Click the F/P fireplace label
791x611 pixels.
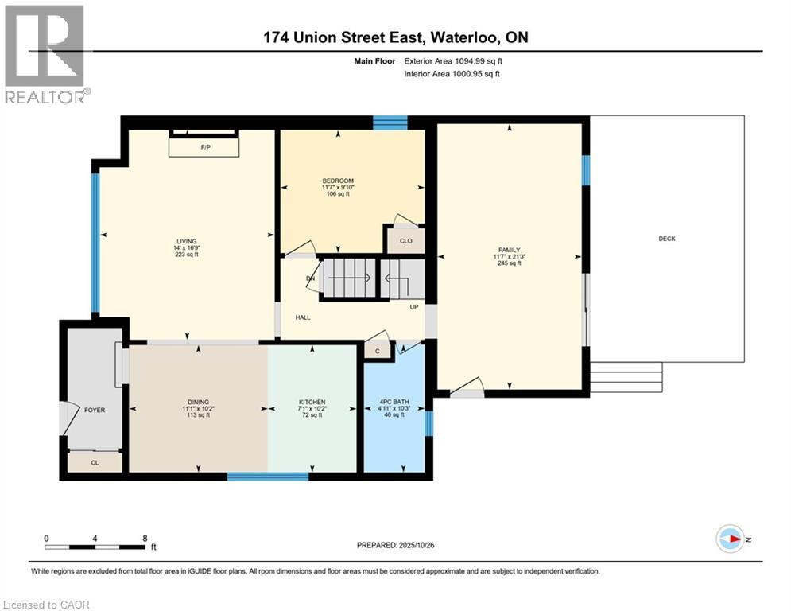point(204,148)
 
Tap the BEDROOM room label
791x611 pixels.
point(338,181)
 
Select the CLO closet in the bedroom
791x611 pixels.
point(405,240)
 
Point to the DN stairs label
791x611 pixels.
point(311,278)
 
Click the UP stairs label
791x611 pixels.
point(414,306)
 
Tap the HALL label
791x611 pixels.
point(303,317)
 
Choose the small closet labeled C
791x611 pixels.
point(378,351)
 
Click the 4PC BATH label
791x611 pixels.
point(394,402)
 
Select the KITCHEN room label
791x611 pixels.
point(312,402)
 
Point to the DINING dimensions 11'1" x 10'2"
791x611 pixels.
point(199,408)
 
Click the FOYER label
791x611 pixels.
point(95,410)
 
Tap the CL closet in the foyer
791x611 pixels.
point(95,462)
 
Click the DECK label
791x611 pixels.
point(667,239)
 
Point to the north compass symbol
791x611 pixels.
point(730,539)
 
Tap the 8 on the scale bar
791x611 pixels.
point(145,538)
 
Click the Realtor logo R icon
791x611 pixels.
point(44,45)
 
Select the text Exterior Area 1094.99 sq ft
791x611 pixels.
point(452,60)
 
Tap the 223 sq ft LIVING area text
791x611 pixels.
point(187,255)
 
